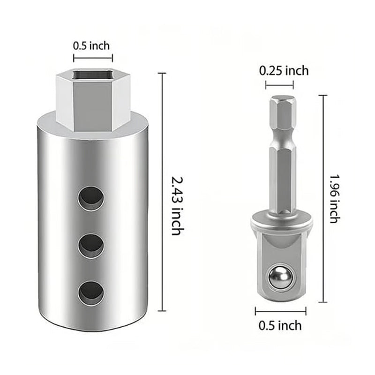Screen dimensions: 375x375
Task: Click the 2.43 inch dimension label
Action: pos(179,205)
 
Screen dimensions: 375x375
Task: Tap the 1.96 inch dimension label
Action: pos(334,198)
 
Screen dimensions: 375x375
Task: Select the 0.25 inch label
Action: pos(284,71)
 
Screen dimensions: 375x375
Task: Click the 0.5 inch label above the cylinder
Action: pos(91,46)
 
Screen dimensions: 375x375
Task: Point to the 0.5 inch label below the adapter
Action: pos(280,325)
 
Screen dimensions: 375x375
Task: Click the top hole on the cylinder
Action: pos(91,198)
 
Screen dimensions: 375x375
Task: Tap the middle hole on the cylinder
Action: pos(91,245)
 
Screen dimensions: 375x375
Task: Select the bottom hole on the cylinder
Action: pos(91,292)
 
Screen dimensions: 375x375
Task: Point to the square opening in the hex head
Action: pos(94,75)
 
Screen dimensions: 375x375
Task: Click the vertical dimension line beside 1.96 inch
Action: pos(322,198)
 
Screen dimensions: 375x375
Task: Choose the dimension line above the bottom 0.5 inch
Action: pos(280,311)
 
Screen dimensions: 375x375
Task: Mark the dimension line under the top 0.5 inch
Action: pos(93,58)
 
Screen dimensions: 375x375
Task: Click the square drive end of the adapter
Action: pos(280,272)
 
